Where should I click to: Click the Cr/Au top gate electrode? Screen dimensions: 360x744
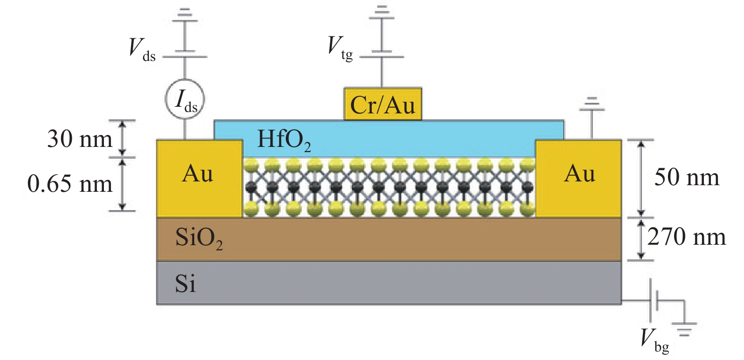(x=383, y=104)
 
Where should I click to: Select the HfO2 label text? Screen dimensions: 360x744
(x=284, y=140)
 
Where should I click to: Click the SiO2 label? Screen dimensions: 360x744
(x=198, y=238)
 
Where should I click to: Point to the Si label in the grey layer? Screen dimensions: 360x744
(x=185, y=284)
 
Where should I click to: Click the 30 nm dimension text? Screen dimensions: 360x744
(x=79, y=139)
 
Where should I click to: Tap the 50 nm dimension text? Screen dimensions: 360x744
(x=687, y=178)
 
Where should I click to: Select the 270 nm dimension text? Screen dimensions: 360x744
(x=686, y=237)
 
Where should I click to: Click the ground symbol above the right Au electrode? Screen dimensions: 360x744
(x=592, y=104)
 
